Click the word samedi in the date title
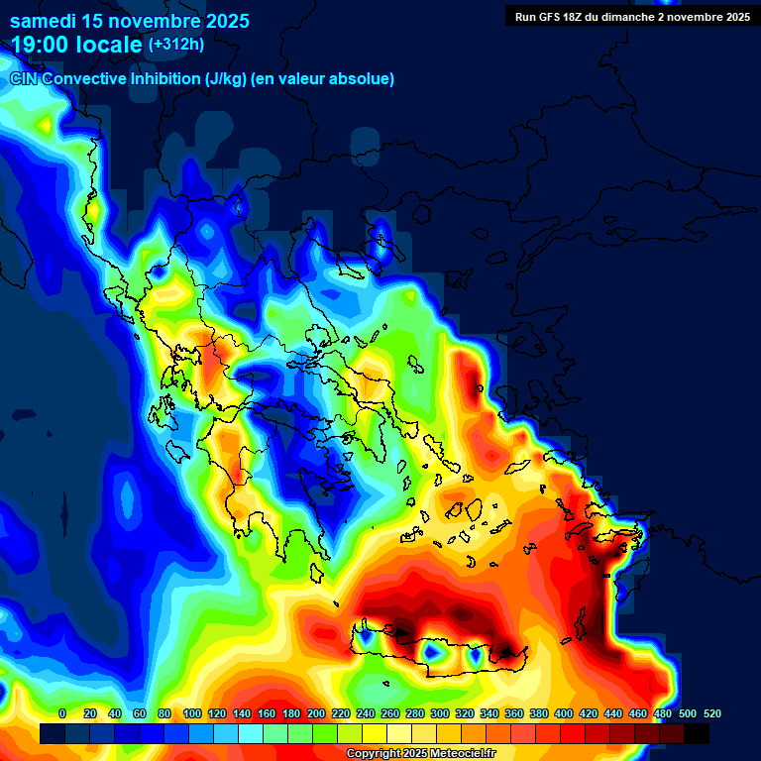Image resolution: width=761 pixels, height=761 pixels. pos(45,21)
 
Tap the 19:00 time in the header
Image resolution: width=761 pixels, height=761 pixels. pos(41,44)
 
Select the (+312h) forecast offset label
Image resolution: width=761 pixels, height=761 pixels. pos(175,44)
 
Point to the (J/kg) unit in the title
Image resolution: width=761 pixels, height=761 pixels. pos(226,79)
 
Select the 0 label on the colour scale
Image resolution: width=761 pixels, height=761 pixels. pos(62,714)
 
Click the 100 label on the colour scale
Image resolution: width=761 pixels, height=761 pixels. pos(192,714)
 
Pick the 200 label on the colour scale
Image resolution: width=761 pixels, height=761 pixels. pos(316,714)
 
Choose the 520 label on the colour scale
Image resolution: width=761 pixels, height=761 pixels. pos(711,714)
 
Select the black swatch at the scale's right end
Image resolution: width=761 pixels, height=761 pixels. pos(697,733)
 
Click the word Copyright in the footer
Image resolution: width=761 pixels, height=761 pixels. pos(376,754)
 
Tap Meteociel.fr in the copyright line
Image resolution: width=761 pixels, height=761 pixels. pos(463,754)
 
